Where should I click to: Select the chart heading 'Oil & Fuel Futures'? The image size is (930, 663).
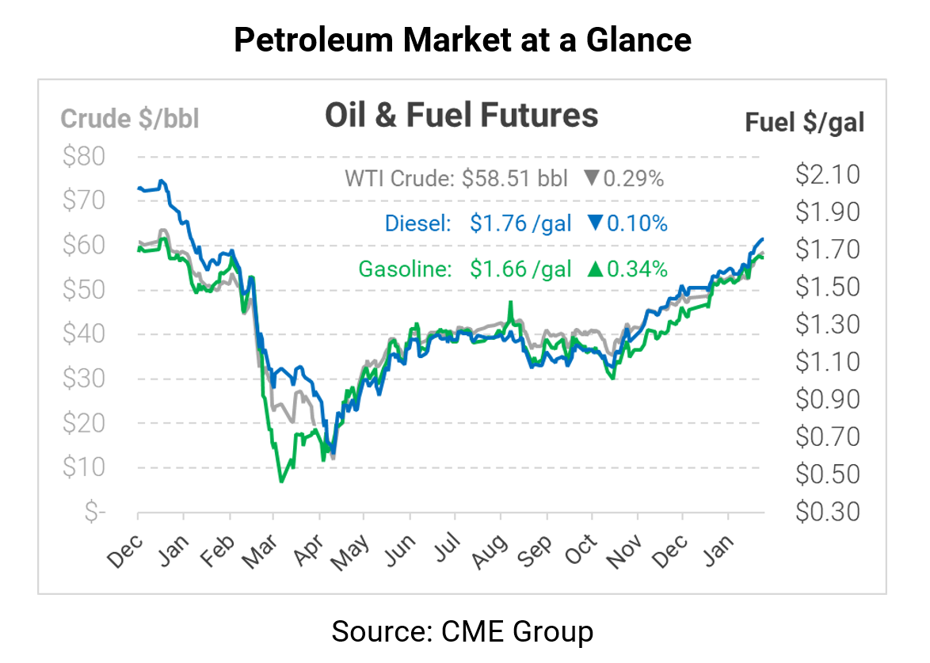coord(461,116)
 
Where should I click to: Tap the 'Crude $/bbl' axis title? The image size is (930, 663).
coord(130,119)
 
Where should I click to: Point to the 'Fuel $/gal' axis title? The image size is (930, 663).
coord(805,123)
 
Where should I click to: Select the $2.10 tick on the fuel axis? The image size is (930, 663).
coord(827,174)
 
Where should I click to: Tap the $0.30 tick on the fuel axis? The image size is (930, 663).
coord(827,512)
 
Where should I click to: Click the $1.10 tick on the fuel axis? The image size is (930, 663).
coord(827,362)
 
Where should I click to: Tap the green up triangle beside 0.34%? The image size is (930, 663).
coord(594,269)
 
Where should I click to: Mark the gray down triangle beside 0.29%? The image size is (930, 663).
coord(591,179)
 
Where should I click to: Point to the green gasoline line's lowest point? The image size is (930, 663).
coord(281,481)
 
